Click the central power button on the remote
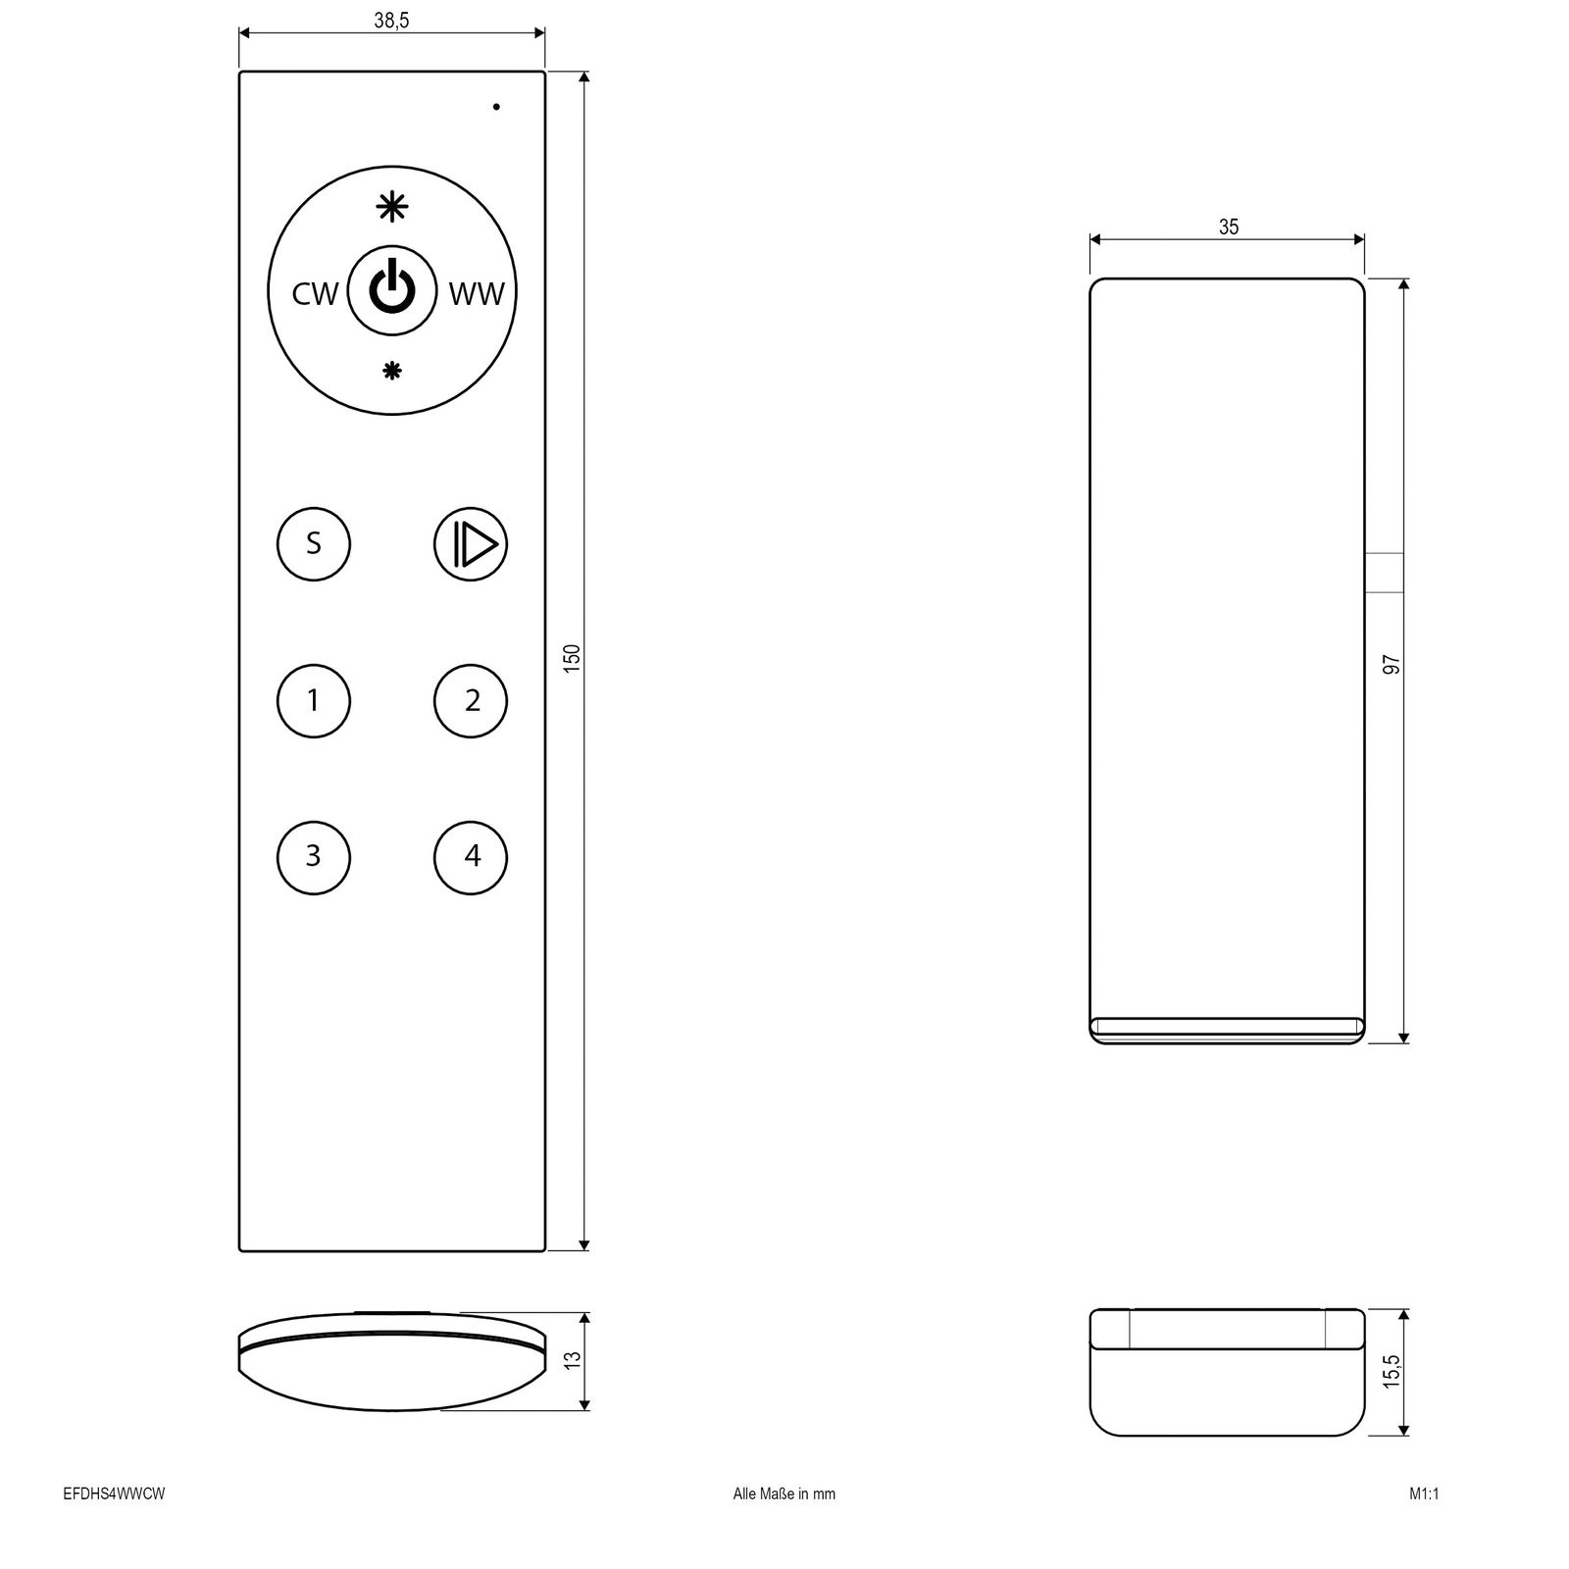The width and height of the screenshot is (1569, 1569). click(x=391, y=291)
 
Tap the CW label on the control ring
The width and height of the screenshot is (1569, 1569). click(x=315, y=293)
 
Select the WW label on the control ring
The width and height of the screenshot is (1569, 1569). click(x=477, y=293)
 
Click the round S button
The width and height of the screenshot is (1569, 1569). click(x=314, y=543)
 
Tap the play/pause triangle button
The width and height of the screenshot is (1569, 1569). click(x=471, y=543)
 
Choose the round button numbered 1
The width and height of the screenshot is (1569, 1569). click(x=314, y=700)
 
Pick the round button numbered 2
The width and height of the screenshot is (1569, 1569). click(x=471, y=700)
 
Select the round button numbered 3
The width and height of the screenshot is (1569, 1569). click(x=314, y=856)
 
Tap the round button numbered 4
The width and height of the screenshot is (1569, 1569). click(x=471, y=856)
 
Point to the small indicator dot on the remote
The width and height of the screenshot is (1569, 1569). click(x=496, y=106)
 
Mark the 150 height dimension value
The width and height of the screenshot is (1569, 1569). click(x=574, y=657)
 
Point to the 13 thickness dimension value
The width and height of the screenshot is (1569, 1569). click(x=574, y=1360)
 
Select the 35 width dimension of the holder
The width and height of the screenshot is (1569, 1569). click(x=1228, y=228)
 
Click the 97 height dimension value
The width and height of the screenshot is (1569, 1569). click(x=1391, y=665)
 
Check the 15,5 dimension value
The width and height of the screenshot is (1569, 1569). click(x=1391, y=1372)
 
